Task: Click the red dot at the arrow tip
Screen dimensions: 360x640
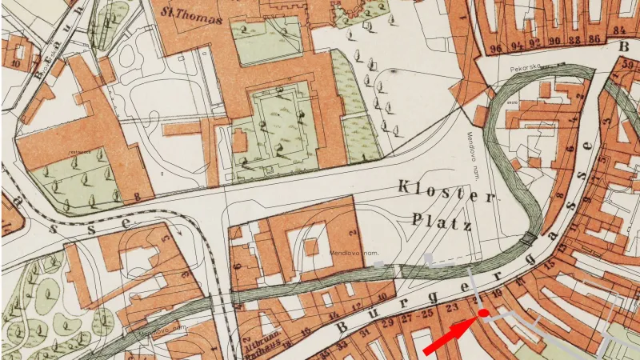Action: [x=483, y=313]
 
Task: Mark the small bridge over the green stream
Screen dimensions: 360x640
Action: [x=528, y=238]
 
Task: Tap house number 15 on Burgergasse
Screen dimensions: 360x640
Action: [x=550, y=264]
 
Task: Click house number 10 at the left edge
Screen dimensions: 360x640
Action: [x=16, y=62]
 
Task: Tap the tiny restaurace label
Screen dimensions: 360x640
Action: [x=78, y=150]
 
